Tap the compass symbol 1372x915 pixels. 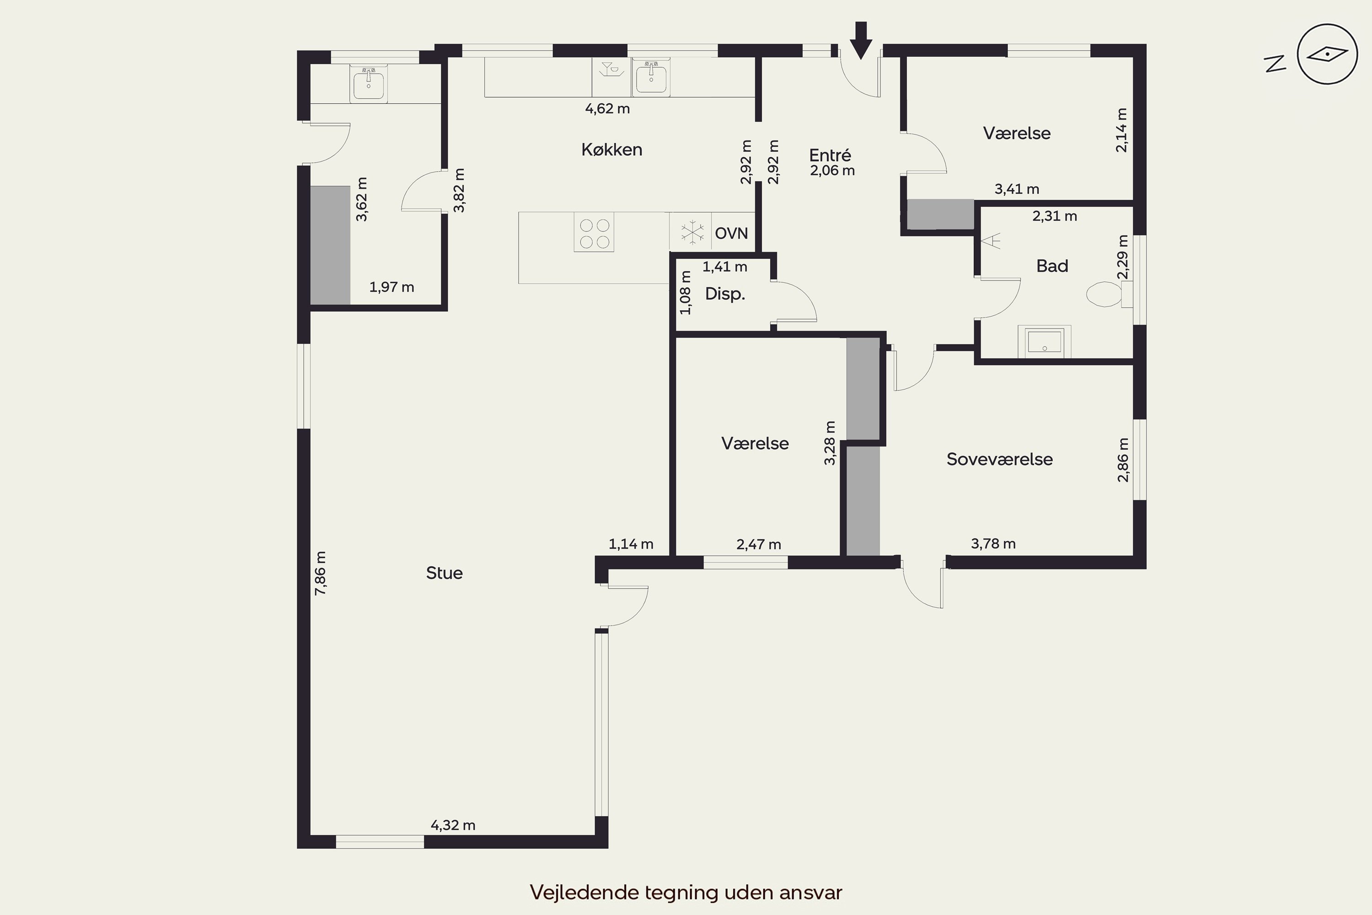coord(1327,54)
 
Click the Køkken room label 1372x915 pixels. coord(611,150)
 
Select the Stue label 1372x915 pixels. coord(445,573)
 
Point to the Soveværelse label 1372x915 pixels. coord(1000,459)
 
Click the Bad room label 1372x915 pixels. coord(1052,266)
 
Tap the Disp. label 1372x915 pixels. coord(725,294)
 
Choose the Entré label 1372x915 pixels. coord(830,155)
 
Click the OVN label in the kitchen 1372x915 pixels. coord(731,233)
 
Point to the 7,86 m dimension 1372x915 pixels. coord(320,573)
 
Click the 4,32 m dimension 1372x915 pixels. coord(453,825)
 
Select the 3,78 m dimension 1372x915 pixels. coord(993,544)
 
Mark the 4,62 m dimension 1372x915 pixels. coord(607,108)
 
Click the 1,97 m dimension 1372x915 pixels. coord(392,287)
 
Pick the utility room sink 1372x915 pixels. coord(368,83)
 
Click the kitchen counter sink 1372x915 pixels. coord(651,76)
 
